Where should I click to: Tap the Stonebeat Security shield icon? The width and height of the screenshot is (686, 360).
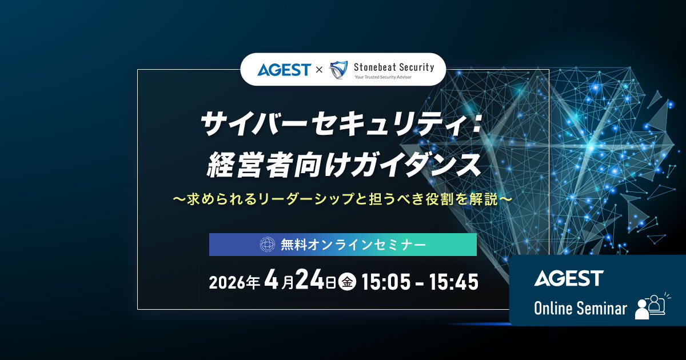tap(339, 70)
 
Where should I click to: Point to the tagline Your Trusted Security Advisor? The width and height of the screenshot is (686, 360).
tap(383, 77)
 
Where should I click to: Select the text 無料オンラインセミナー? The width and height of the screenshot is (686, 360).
tap(353, 245)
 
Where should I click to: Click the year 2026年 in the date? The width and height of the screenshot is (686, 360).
tap(235, 282)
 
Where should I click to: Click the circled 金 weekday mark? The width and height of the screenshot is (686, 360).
tap(347, 282)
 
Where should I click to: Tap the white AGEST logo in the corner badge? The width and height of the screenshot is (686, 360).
tap(569, 278)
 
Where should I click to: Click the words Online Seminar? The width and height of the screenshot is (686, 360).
tap(580, 309)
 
